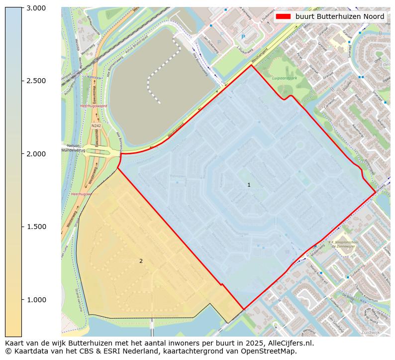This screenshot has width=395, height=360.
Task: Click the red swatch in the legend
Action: (283, 16)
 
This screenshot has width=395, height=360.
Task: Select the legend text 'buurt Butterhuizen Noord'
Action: (339, 16)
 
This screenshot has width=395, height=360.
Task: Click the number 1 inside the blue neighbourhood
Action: (249, 185)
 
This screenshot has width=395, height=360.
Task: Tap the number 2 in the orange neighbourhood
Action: (141, 261)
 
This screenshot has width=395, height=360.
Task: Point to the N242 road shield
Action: (96, 126)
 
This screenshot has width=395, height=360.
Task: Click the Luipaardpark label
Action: (284, 78)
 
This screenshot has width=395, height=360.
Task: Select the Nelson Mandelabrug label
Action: (73, 147)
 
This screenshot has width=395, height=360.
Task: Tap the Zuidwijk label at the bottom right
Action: (370, 332)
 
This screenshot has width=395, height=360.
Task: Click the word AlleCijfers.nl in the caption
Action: (291, 343)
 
